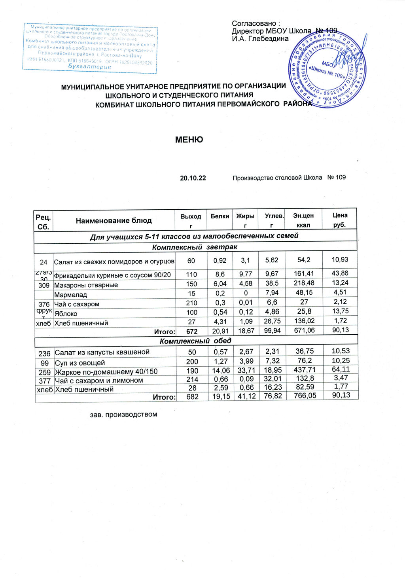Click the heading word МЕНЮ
[x=189, y=140]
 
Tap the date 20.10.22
[x=193, y=178]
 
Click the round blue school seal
[x=328, y=70]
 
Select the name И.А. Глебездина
[x=260, y=39]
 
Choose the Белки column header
[x=220, y=216]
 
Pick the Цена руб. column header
[x=340, y=220]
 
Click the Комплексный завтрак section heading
[x=195, y=247]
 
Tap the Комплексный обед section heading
[x=195, y=341]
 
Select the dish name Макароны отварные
[x=86, y=285]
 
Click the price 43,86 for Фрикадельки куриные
[x=341, y=273]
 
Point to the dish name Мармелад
[x=70, y=295]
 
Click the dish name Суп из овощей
[x=79, y=363]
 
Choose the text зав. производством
[x=124, y=415]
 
